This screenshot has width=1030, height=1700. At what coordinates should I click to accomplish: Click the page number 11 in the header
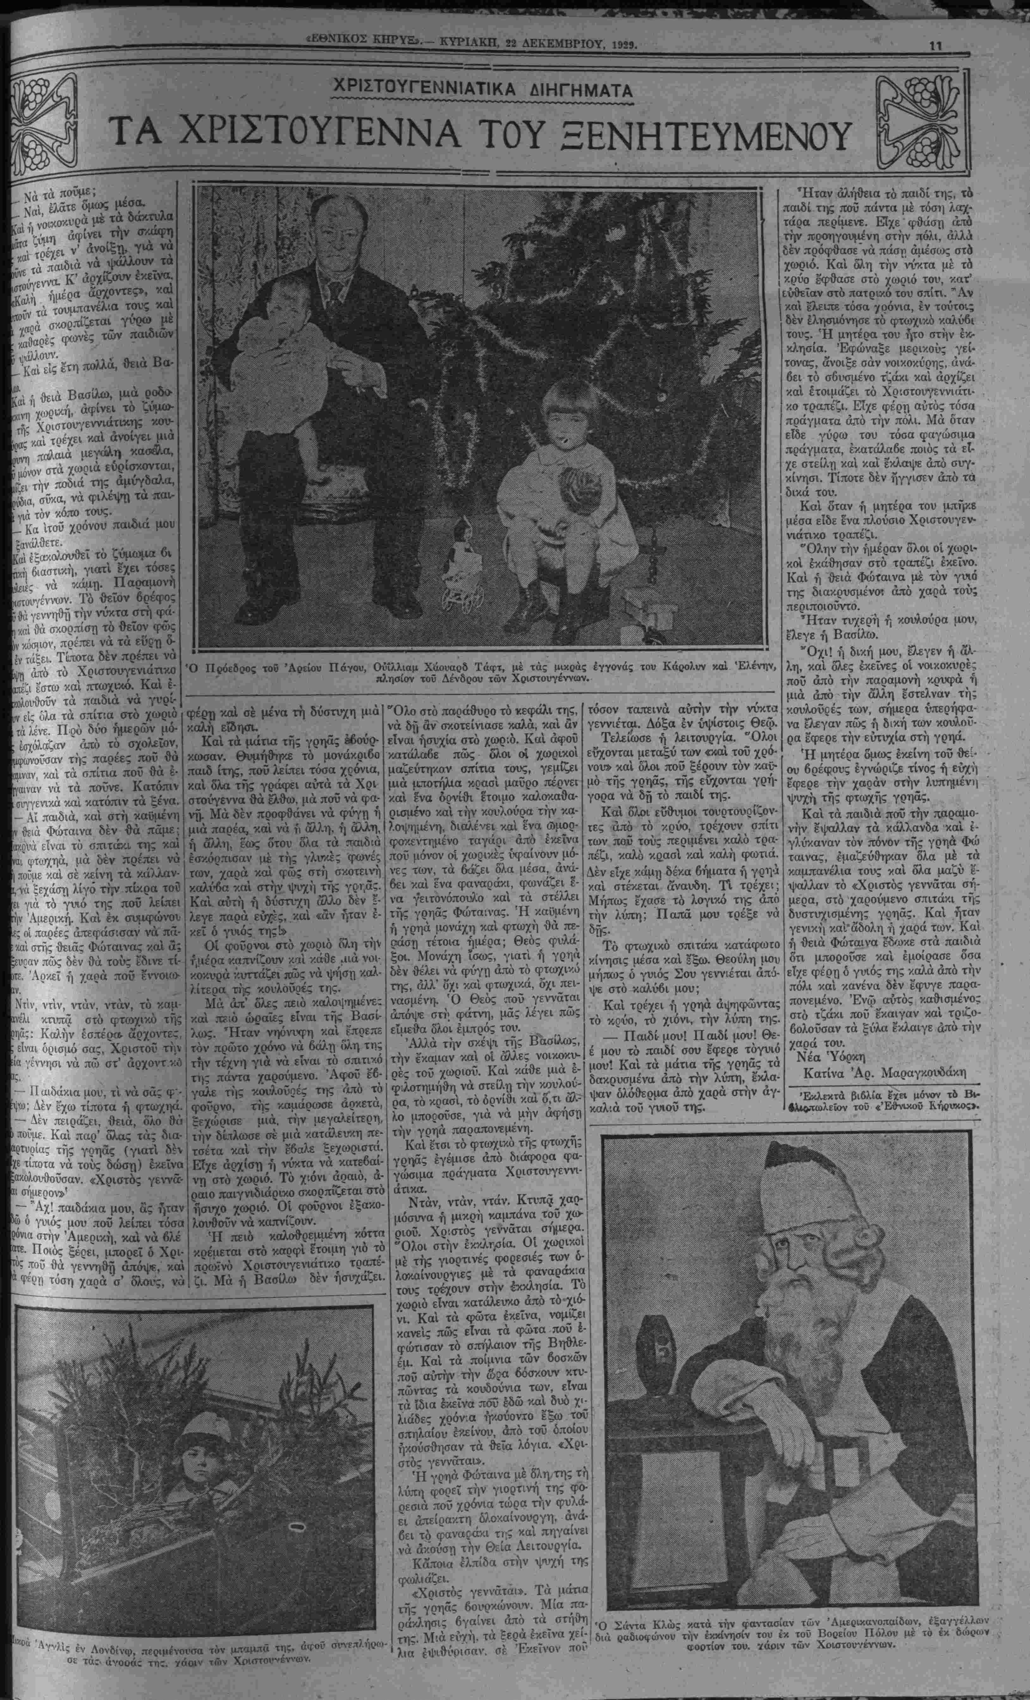(x=935, y=46)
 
